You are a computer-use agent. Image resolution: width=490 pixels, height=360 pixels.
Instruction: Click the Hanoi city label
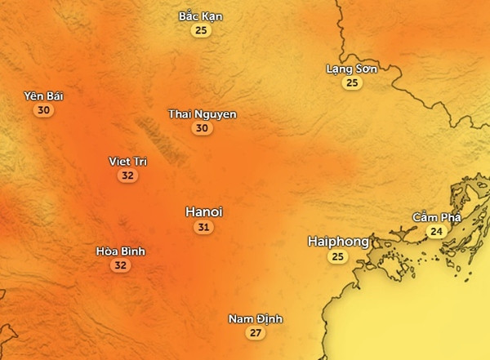203,211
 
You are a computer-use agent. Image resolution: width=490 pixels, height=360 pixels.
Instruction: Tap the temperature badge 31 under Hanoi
203,227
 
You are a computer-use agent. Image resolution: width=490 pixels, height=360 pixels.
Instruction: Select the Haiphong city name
337,242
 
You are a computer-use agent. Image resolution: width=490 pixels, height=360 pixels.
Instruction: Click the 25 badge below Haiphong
337,257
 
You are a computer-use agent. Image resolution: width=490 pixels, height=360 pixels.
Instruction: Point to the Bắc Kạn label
200,16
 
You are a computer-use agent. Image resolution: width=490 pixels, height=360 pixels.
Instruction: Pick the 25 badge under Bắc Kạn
200,30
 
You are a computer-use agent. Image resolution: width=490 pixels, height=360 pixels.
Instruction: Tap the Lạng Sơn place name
352,69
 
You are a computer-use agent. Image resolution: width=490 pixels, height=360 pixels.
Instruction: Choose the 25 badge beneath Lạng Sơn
352,82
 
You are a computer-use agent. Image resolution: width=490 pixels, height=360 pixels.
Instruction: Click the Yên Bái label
44,96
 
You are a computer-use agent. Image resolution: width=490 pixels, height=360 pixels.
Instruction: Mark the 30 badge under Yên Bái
44,110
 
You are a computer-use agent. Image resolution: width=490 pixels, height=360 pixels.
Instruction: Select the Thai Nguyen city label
202,114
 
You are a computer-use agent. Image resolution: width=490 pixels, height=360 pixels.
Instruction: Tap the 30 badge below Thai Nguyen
202,128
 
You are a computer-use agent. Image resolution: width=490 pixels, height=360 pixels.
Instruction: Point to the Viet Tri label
127,161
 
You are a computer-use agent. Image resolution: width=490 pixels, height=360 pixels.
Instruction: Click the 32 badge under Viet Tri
127,176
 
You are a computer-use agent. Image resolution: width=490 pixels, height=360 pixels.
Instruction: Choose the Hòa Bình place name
120,251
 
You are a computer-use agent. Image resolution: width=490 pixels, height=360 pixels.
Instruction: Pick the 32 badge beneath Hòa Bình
120,264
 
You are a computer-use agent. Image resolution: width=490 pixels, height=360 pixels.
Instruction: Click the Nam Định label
256,318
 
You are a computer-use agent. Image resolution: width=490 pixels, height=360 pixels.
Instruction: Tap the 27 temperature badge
256,333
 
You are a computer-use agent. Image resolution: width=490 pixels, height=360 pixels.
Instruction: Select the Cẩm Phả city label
437,217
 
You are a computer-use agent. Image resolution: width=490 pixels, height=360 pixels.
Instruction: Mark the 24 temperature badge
437,231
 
